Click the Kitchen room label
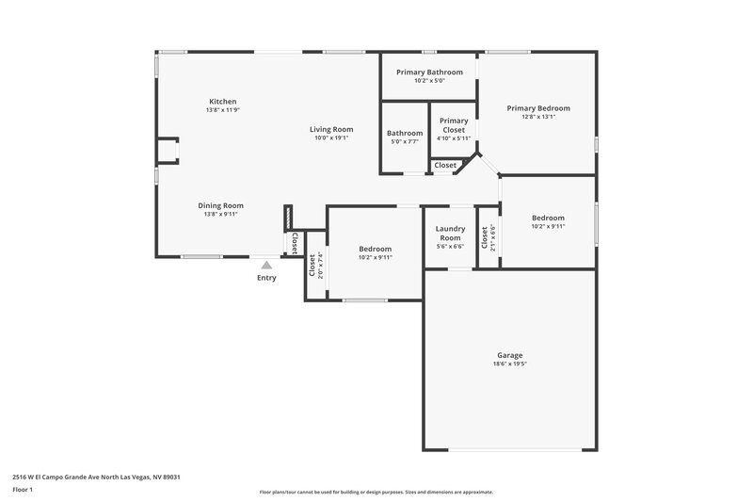pos(222,101)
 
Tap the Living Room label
pos(331,129)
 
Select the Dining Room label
pos(221,205)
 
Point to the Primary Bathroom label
pos(429,73)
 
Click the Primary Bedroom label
pos(538,108)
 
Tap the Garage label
pos(510,355)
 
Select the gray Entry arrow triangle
pos(267,266)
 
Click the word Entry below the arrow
pos(267,278)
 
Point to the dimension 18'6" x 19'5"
pos(510,364)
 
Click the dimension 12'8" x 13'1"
pos(538,117)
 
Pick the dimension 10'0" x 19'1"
pos(331,138)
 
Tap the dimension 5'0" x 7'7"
pos(405,141)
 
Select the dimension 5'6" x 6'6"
pos(451,247)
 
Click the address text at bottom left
pos(96,477)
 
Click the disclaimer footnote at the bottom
pos(376,492)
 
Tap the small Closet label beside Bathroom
pos(445,165)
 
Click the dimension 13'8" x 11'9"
pos(222,109)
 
